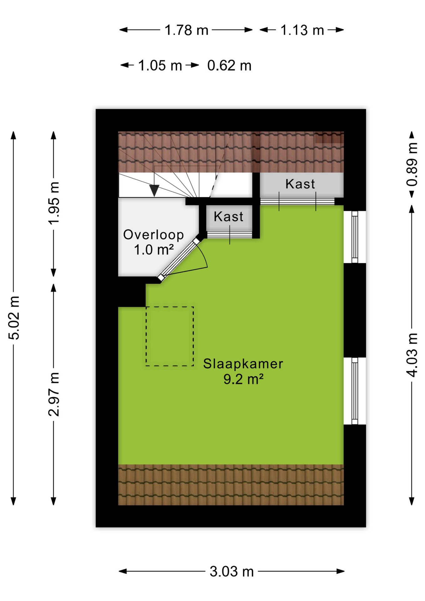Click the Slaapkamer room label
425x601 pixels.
[243, 364]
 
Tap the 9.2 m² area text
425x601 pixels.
[243, 379]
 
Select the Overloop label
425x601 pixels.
[153, 235]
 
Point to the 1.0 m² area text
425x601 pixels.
[154, 250]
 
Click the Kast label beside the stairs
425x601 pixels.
[300, 184]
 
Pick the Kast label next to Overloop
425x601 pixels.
[228, 217]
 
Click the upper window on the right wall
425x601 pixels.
[355, 237]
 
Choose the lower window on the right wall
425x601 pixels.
[355, 391]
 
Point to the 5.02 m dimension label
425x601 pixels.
[14, 318]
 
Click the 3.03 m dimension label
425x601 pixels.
[232, 572]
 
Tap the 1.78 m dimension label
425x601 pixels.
[187, 30]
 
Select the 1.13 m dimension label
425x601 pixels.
[302, 30]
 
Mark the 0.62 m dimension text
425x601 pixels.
[229, 65]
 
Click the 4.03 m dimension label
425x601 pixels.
[412, 355]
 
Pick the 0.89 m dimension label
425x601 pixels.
[412, 164]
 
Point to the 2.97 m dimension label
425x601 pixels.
[54, 394]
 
